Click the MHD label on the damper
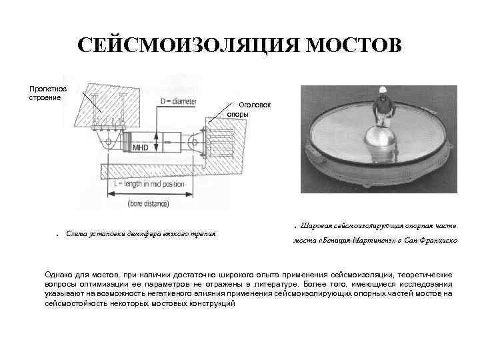(x=141, y=147)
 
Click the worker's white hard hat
(x=383, y=89)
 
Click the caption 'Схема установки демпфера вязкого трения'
(x=141, y=234)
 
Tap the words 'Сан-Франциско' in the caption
(x=431, y=241)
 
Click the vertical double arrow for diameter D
(x=155, y=142)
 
